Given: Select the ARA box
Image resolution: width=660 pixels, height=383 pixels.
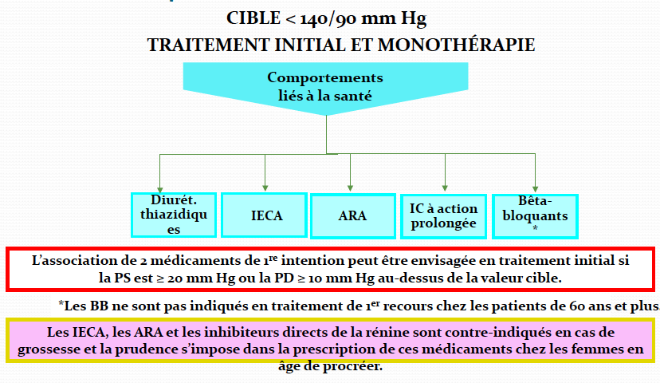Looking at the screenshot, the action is point(352,215).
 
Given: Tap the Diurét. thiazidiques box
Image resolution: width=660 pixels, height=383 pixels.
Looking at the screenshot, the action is point(174,215).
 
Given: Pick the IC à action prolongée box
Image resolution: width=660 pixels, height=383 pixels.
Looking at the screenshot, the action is point(443,215).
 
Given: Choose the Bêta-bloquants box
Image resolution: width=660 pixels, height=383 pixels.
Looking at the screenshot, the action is point(535,215).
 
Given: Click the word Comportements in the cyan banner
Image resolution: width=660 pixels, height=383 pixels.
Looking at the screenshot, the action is point(324,78).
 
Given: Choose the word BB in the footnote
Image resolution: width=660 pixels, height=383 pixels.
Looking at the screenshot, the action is point(99,305).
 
